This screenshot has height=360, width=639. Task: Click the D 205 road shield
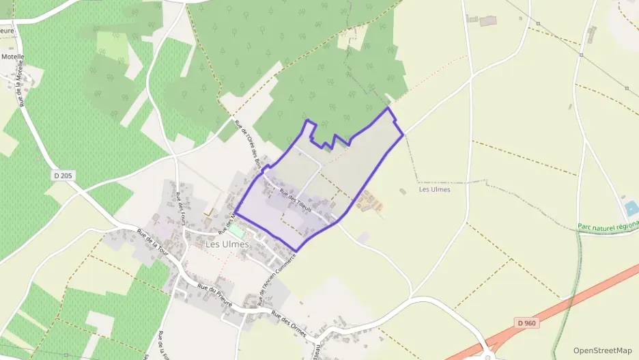pos(63,176)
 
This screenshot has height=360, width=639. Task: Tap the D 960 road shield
pos(526,322)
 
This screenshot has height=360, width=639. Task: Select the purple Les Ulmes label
pos(434,189)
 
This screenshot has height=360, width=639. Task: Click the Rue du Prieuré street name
pos(214,294)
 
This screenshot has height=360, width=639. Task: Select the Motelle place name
pos(12,57)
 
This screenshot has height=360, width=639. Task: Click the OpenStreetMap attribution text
pos(603,350)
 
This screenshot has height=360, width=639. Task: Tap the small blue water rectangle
pos(632,208)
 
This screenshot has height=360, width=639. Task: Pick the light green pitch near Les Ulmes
pos(236,232)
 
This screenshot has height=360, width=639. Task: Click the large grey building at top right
pos(487,21)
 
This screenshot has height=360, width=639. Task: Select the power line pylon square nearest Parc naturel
pos(627,88)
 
